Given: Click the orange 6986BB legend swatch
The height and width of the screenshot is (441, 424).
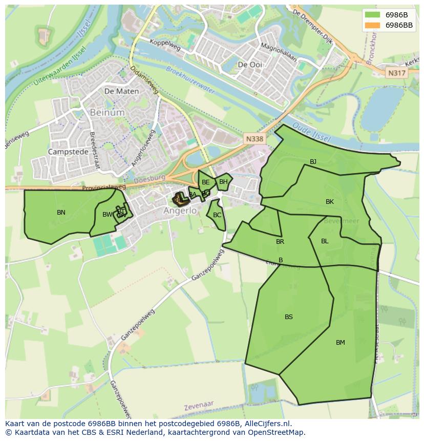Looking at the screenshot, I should pyautogui.click(x=372, y=25).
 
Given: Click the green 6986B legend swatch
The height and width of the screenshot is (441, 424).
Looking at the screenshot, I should pyautogui.click(x=372, y=15).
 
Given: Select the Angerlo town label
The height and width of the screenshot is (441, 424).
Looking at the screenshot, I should pyautogui.click(x=180, y=211).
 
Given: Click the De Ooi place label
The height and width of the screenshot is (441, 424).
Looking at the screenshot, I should pyautogui.click(x=250, y=65).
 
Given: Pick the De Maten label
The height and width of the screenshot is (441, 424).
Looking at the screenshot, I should pyautogui.click(x=121, y=91).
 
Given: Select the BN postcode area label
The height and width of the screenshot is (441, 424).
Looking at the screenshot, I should pyautogui.click(x=61, y=212).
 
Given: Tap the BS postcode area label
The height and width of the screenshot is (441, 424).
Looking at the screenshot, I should pyautogui.click(x=289, y=317).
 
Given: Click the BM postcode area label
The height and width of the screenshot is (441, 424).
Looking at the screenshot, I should pyautogui.click(x=341, y=343).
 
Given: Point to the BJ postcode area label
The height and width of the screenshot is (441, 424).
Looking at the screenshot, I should pyautogui.click(x=313, y=162).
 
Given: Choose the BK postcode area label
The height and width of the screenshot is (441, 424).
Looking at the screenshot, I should pyautogui.click(x=330, y=202).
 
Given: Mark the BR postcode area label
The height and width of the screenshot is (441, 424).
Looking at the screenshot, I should pyautogui.click(x=280, y=242).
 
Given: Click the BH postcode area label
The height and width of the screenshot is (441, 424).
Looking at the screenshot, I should pyautogui.click(x=223, y=182).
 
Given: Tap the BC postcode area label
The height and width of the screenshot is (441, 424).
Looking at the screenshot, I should pyautogui.click(x=217, y=215).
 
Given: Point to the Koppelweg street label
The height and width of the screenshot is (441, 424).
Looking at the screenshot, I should pyautogui.click(x=167, y=46).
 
